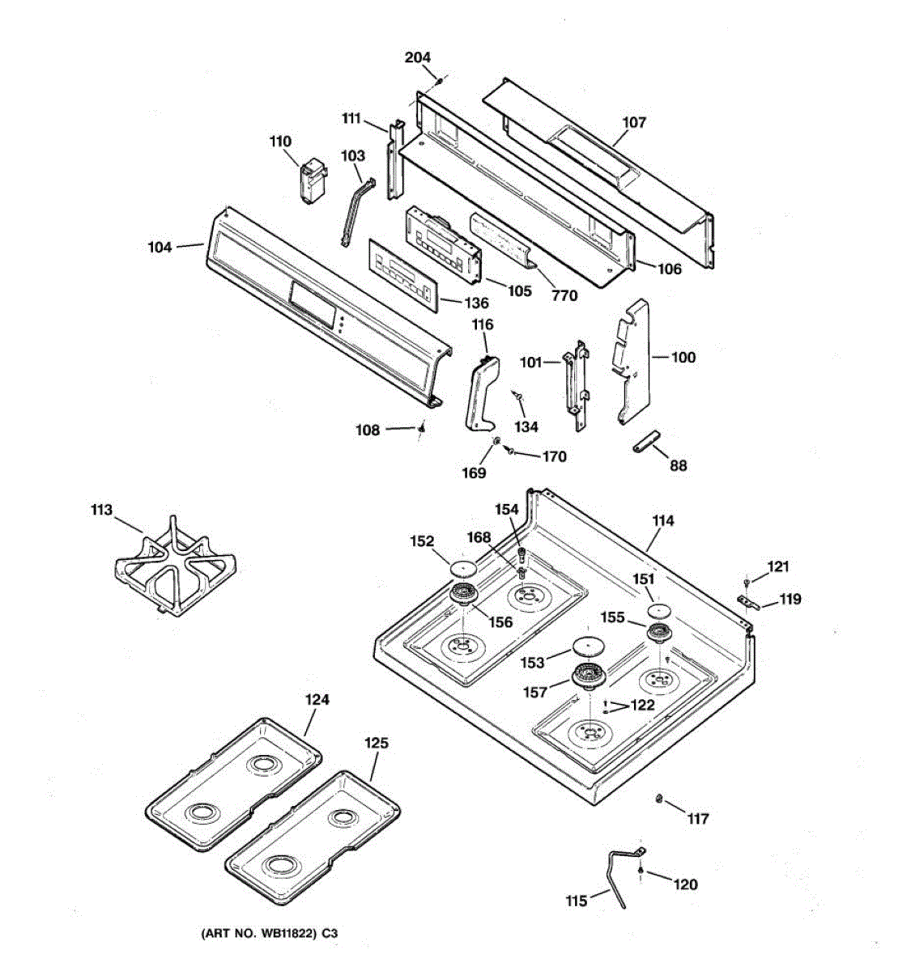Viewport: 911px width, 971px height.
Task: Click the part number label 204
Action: pos(418,57)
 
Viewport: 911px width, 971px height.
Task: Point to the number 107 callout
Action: pos(634,122)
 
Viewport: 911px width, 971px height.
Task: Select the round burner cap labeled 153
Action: pos(588,645)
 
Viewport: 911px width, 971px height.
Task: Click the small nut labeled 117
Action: pos(658,799)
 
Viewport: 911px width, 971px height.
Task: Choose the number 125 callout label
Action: pos(376,743)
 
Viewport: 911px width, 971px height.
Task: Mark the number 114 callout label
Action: pos(662,521)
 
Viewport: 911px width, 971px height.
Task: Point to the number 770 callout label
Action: pos(564,295)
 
